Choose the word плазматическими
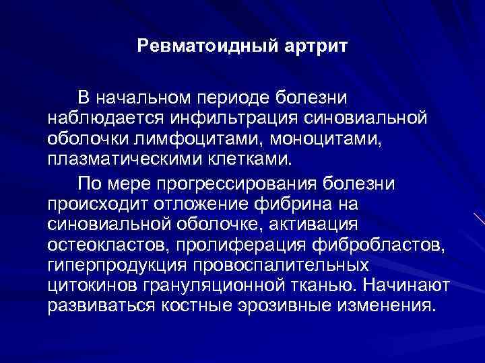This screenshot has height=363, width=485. tap(124, 160)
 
